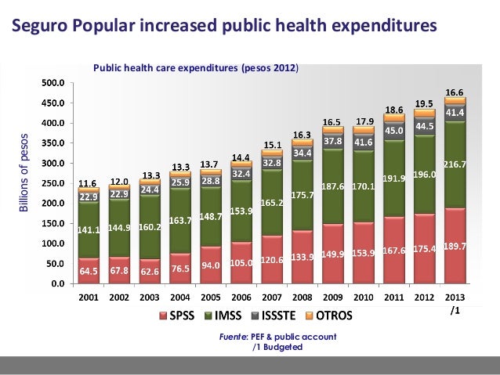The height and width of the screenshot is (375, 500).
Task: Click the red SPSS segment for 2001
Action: (89, 271)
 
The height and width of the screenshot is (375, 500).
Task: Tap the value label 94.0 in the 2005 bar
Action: (211, 265)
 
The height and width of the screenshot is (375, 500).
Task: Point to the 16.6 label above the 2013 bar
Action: (455, 92)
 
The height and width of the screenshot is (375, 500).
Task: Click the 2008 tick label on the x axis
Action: (303, 298)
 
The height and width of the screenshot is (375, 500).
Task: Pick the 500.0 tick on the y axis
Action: (53, 82)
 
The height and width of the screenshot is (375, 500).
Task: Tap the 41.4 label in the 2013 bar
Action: (455, 113)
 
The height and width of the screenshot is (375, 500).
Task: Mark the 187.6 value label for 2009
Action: (333, 187)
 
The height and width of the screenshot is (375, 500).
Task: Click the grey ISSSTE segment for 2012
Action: (425, 127)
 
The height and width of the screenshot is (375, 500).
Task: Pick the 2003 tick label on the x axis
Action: (150, 298)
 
